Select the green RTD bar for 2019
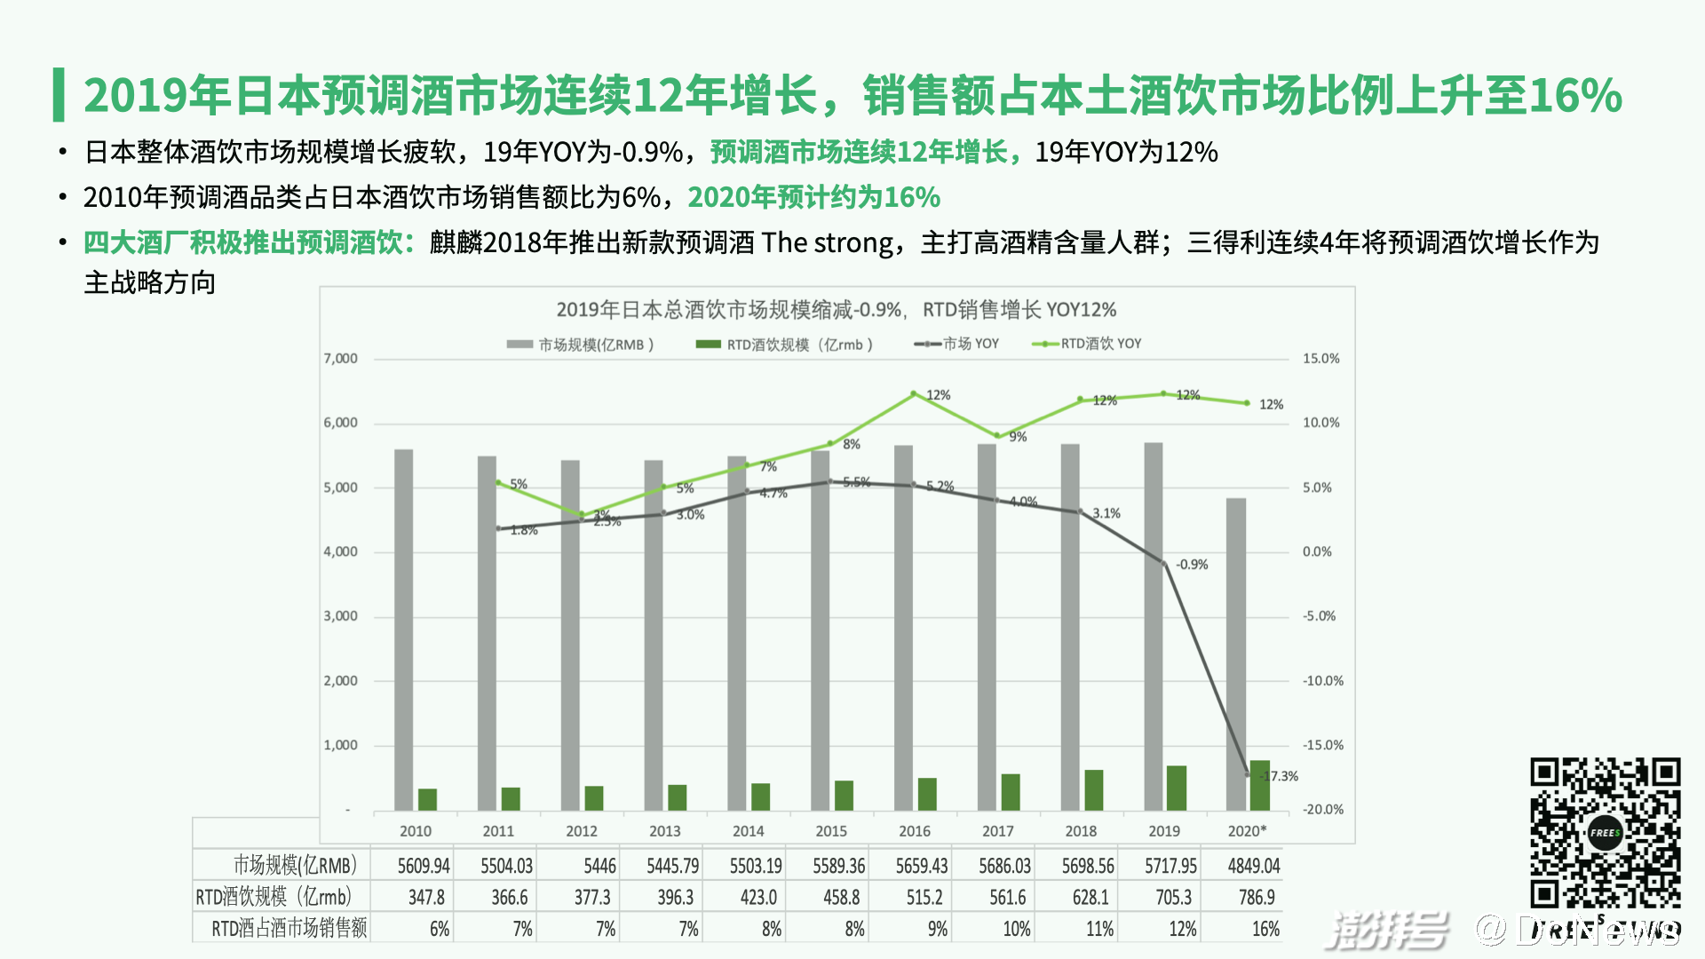pyautogui.click(x=1176, y=788)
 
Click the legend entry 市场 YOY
pyautogui.click(x=957, y=344)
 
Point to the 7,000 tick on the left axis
pyautogui.click(x=340, y=359)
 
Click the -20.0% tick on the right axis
pyautogui.click(x=1322, y=810)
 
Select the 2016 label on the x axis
pyautogui.click(x=914, y=831)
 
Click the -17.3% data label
pyautogui.click(x=1280, y=776)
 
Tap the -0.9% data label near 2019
pyautogui.click(x=1192, y=565)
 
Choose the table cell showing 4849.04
pyautogui.click(x=1254, y=866)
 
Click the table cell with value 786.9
pyautogui.click(x=1257, y=898)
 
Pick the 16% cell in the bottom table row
pyautogui.click(x=1265, y=930)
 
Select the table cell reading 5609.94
pyautogui.click(x=424, y=866)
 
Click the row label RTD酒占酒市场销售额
pyautogui.click(x=289, y=930)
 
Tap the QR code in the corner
pyautogui.click(x=1605, y=832)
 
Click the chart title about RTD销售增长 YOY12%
pyautogui.click(x=836, y=310)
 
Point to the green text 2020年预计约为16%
pyautogui.click(x=813, y=197)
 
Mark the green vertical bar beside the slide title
pyautogui.click(x=59, y=95)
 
